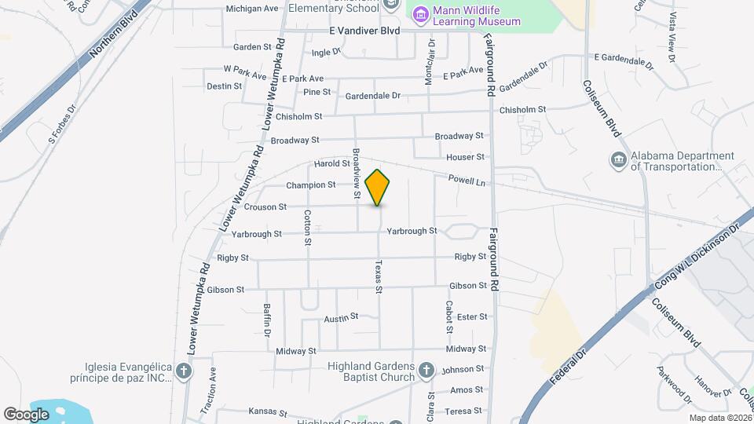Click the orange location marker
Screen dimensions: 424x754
point(378,187)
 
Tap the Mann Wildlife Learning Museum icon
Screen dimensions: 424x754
point(420,14)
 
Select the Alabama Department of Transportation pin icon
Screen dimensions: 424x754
point(617,159)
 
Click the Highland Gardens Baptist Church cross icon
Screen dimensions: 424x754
point(426,370)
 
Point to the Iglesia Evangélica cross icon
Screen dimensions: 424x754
point(184,371)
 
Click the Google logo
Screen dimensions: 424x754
point(26,414)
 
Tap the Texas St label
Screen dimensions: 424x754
point(378,277)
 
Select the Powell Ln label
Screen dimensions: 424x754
point(468,181)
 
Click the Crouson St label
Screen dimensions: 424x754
point(265,207)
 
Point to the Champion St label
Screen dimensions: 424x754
point(311,185)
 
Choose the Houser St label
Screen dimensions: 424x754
point(466,157)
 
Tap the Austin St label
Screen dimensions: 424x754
point(341,316)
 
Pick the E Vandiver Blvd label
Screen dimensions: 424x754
point(364,31)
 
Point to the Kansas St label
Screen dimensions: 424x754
point(264,411)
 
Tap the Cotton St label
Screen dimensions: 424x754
point(308,227)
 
